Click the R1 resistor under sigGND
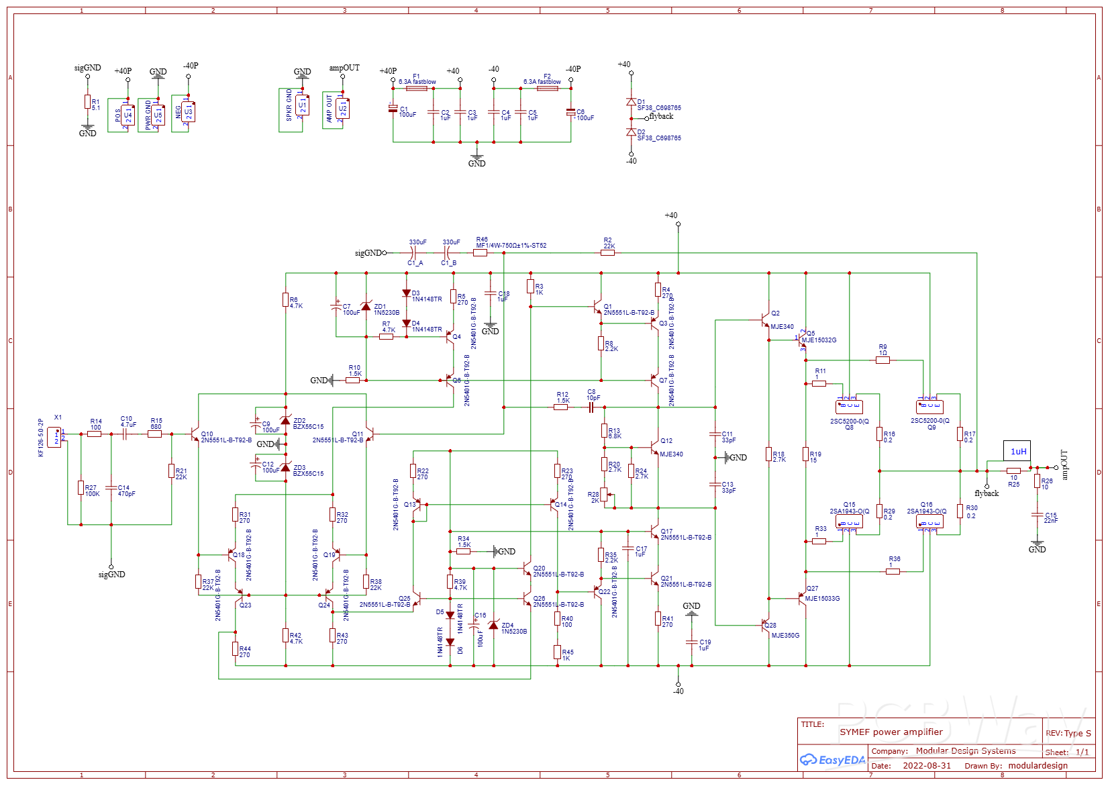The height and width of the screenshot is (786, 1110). (87, 102)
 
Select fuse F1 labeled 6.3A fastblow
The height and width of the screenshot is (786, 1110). (417, 88)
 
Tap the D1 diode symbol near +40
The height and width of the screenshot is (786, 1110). (631, 102)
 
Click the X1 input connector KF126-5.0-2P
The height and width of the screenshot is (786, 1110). (54, 438)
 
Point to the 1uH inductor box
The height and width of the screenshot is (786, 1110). (1017, 451)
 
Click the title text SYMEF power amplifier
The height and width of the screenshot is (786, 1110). (891, 732)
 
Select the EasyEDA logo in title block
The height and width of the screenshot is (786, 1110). (832, 760)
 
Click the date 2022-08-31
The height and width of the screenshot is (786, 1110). (926, 765)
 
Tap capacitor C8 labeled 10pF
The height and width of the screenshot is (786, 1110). (591, 407)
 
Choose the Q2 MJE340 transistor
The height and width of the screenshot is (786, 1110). (766, 320)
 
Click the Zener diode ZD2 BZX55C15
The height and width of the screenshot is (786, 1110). (285, 421)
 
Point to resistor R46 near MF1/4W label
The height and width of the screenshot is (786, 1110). (480, 253)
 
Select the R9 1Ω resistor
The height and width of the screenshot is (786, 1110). (883, 360)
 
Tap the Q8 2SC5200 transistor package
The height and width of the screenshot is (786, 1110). (849, 407)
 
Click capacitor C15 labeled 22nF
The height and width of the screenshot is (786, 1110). (1038, 515)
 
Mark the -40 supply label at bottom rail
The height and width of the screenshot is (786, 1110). (678, 691)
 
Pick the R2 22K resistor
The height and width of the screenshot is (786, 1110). (607, 253)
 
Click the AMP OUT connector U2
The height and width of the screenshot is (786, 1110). (342, 108)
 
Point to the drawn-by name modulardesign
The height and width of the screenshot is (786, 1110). (1038, 765)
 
